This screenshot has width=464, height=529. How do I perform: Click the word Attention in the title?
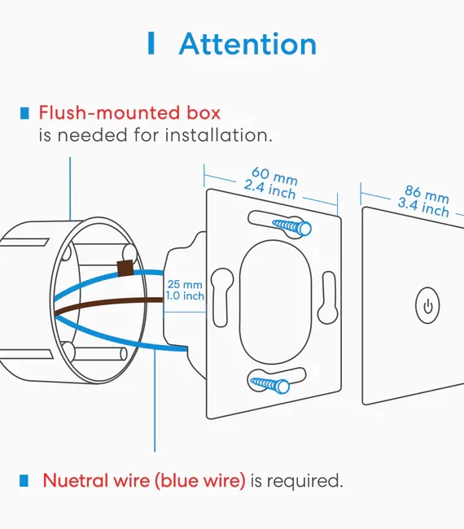coord(247,43)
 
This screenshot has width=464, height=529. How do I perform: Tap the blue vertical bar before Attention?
coord(151,43)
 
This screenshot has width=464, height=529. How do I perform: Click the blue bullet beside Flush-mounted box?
coord(24,113)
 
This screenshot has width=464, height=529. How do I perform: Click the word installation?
coord(218,135)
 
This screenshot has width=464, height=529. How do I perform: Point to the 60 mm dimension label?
coord(274,176)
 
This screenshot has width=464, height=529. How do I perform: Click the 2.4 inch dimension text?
coord(269,190)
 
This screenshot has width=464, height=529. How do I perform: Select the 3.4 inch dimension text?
coord(423,208)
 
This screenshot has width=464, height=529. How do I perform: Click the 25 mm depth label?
coord(185,284)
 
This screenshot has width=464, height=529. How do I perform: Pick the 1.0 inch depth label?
coord(185,296)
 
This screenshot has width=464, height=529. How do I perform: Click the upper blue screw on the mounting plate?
coord(292,227)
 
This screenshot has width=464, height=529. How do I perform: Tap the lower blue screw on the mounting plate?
coord(269,384)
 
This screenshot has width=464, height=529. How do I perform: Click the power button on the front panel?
coord(427,305)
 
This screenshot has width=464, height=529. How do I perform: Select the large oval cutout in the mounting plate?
coord(275,302)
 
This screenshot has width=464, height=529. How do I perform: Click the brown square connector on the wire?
coord(125,269)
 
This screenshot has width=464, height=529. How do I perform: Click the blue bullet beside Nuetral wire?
coord(24,480)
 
